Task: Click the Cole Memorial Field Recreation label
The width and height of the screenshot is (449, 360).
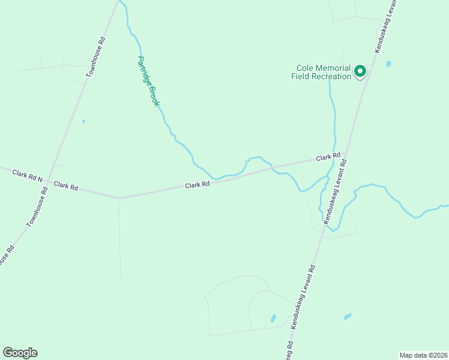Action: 322,72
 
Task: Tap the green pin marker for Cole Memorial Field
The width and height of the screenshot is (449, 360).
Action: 360,71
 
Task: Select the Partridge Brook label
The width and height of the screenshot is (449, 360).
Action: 148,81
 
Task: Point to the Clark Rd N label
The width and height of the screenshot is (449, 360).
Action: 28,175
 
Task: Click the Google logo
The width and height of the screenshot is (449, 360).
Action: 20,353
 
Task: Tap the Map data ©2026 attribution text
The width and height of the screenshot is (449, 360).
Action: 423,355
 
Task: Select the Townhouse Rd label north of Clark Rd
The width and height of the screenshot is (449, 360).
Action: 97,56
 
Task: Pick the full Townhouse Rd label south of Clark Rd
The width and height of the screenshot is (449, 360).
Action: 37,206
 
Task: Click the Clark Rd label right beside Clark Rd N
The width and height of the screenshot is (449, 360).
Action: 66,186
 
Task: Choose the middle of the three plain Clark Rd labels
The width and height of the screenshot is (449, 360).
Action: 197,185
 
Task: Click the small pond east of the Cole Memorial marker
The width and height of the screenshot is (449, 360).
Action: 388,64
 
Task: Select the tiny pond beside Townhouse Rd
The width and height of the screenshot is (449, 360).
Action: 83,121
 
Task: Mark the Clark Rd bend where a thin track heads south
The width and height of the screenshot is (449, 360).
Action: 119,197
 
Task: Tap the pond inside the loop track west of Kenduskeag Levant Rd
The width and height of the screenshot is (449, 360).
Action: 273,318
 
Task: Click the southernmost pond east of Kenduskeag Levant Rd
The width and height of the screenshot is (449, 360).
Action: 347,316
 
